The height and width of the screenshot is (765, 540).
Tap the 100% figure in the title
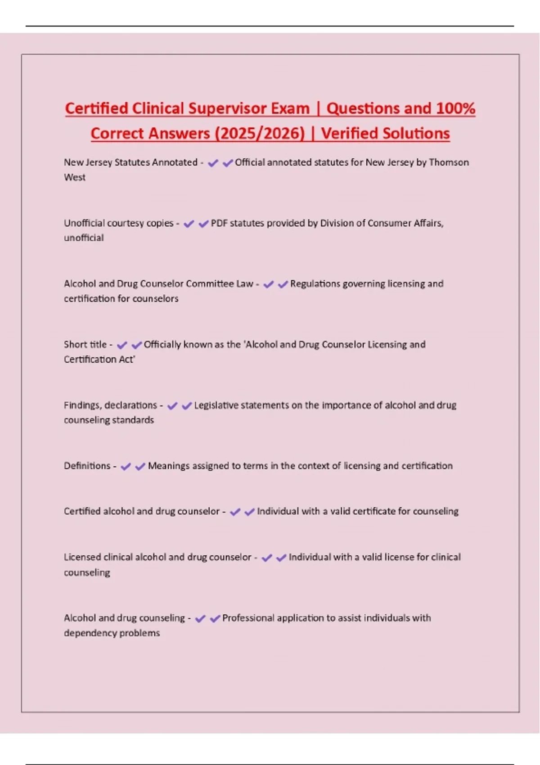[455, 108]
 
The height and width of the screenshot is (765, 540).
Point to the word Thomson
[449, 162]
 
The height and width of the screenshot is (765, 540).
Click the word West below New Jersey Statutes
[75, 177]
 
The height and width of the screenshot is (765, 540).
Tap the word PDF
[219, 223]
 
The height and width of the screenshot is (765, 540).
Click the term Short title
[85, 345]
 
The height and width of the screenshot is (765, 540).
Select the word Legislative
[216, 405]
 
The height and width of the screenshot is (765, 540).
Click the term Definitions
[87, 466]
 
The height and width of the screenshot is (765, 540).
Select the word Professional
[248, 618]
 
